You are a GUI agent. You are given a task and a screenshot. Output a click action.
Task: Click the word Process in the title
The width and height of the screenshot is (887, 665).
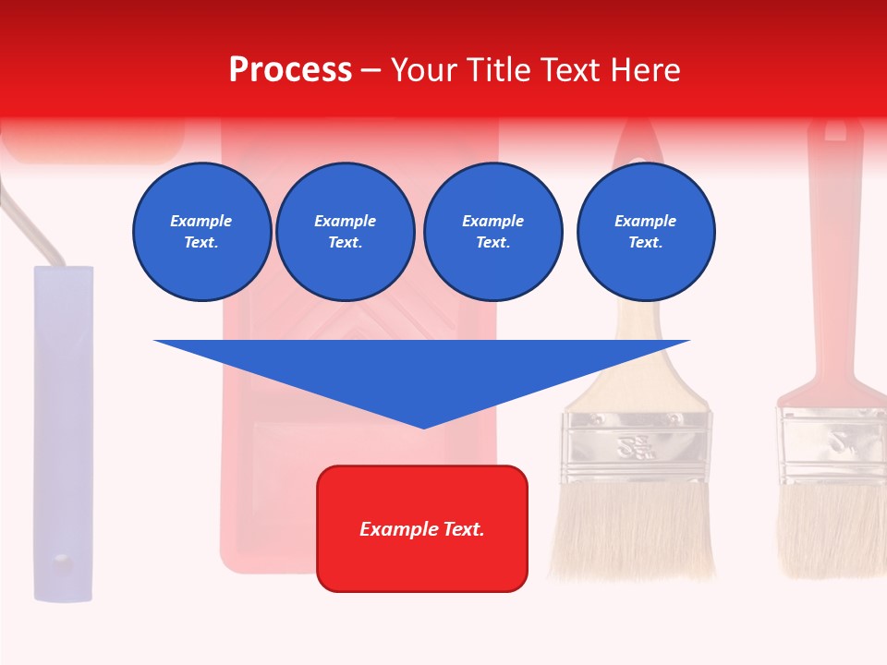[290, 70]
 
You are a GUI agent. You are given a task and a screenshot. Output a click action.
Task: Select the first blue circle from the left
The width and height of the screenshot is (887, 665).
[201, 232]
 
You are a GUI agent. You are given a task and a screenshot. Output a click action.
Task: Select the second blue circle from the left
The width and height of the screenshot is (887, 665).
[345, 232]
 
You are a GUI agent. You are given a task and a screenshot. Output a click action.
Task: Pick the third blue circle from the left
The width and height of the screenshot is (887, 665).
[492, 232]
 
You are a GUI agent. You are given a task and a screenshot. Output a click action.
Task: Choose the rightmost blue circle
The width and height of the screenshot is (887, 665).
[645, 232]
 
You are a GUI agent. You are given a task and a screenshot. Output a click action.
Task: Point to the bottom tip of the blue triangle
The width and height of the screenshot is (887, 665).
[423, 426]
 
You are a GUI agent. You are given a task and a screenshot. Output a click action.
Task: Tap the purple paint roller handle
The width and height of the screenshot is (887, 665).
[64, 434]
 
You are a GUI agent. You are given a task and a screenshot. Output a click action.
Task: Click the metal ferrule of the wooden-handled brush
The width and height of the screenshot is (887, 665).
[638, 447]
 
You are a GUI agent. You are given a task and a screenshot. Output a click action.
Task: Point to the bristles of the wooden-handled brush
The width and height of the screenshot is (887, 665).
[634, 531]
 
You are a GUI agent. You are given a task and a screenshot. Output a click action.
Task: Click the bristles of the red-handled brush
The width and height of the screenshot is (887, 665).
[830, 531]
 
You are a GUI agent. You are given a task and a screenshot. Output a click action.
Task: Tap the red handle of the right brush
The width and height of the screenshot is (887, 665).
[834, 277]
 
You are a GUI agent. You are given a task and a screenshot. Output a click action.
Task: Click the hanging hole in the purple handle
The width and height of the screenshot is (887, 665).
[61, 560]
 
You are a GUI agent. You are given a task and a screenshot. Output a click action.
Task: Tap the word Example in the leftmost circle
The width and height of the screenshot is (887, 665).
[201, 221]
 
